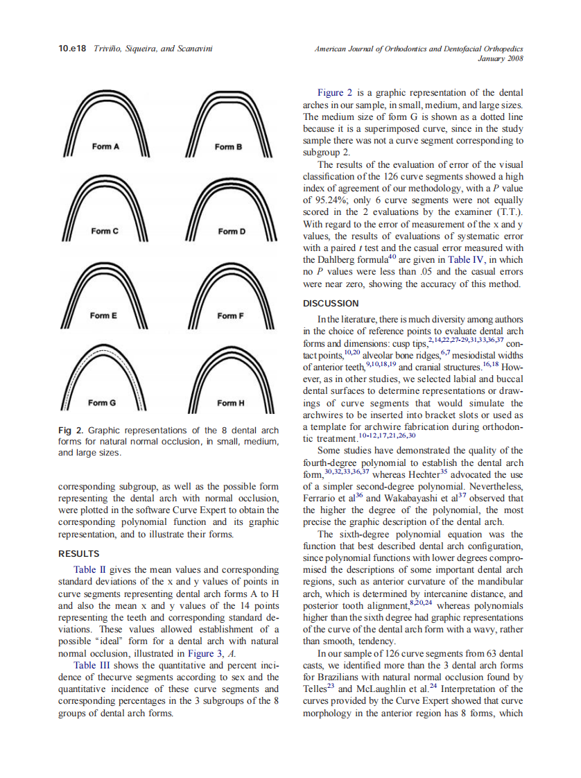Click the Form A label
(x=106, y=147)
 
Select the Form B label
(x=228, y=147)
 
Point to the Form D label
(x=232, y=231)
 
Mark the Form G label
(x=103, y=403)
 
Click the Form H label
(x=231, y=403)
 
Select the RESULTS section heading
(x=79, y=554)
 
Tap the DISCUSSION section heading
(x=331, y=304)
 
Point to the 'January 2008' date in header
(x=501, y=60)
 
